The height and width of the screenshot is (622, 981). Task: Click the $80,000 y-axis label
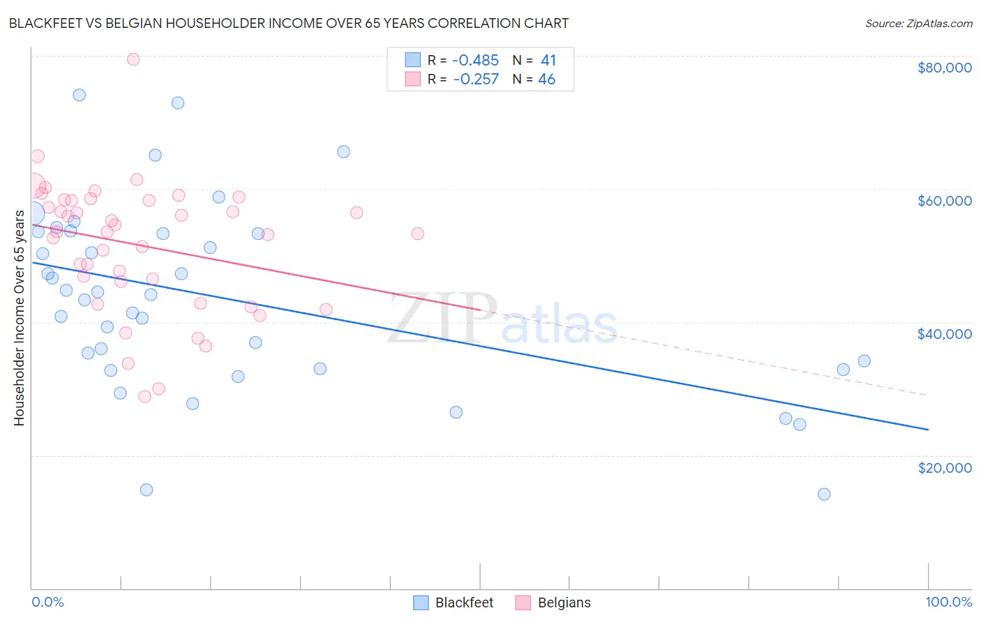[x=945, y=68]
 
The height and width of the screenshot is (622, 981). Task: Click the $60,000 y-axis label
[x=945, y=201]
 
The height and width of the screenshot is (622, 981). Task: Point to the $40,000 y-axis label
[x=945, y=334]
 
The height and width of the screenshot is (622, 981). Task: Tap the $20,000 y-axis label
[x=945, y=467]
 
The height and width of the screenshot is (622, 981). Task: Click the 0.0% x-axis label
[x=47, y=602]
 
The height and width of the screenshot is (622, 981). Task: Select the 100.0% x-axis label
[x=948, y=602]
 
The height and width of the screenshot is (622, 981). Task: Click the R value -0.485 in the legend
[x=476, y=61]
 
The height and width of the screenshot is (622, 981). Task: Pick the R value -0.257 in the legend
[x=476, y=79]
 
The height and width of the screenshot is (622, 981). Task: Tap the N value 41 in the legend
[x=548, y=61]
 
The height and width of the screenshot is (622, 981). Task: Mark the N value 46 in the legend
[x=547, y=79]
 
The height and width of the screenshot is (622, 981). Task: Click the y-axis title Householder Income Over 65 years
[x=19, y=317]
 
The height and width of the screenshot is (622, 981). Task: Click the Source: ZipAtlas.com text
[x=918, y=24]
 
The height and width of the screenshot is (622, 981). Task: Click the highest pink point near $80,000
[x=133, y=59]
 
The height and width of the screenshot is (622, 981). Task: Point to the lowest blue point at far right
[x=824, y=494]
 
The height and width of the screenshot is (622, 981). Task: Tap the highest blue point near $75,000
[x=80, y=95]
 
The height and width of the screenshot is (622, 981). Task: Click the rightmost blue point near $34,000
[x=864, y=361]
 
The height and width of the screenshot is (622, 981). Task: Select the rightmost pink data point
[x=417, y=234]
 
